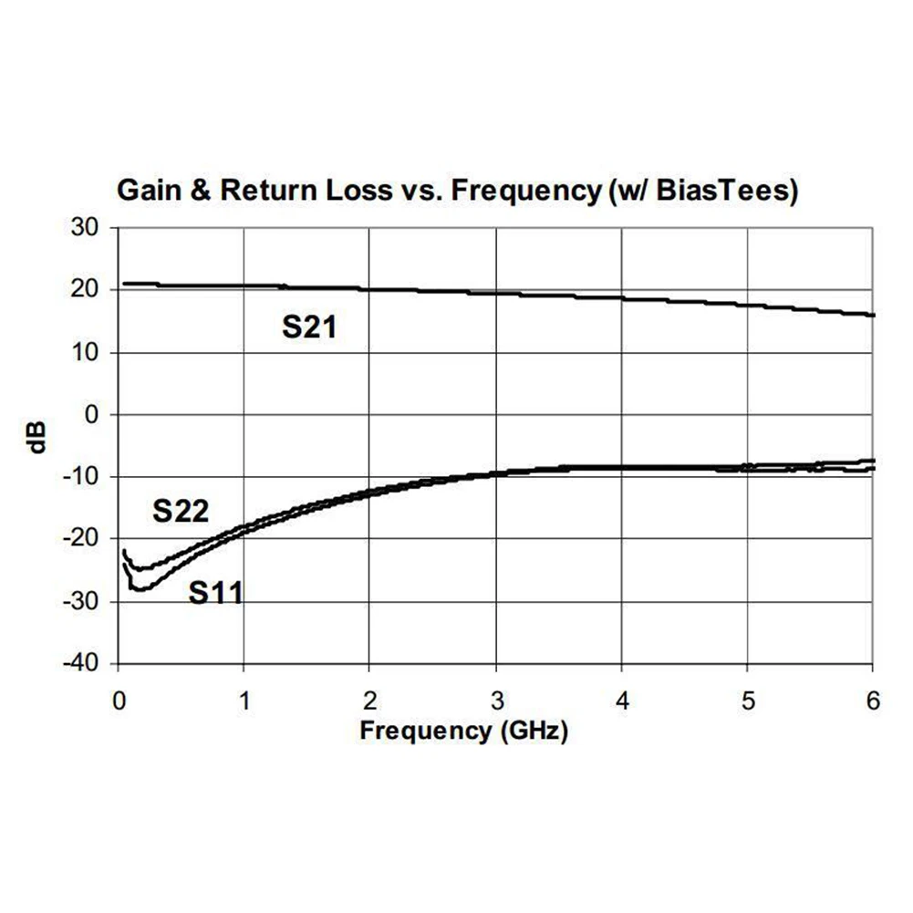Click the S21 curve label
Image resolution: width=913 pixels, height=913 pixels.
pos(309,327)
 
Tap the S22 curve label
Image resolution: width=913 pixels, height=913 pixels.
pos(181,513)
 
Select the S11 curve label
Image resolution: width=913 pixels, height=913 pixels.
pos(216,593)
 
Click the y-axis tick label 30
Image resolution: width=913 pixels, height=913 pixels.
pos(86,228)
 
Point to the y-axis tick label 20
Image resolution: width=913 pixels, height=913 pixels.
pos(86,290)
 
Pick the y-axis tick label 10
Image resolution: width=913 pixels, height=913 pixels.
pos(86,353)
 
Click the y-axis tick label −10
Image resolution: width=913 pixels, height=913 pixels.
pos(82,477)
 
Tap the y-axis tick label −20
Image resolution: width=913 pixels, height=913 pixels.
pos(82,539)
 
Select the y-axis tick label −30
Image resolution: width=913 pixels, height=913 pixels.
pos(82,602)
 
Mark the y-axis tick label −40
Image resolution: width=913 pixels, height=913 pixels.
pos(82,664)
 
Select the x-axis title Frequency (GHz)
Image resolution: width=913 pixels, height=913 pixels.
pos(463,731)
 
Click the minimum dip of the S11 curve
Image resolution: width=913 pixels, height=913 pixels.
pos(139,589)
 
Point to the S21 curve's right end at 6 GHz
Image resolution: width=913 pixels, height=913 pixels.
pos(873,316)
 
